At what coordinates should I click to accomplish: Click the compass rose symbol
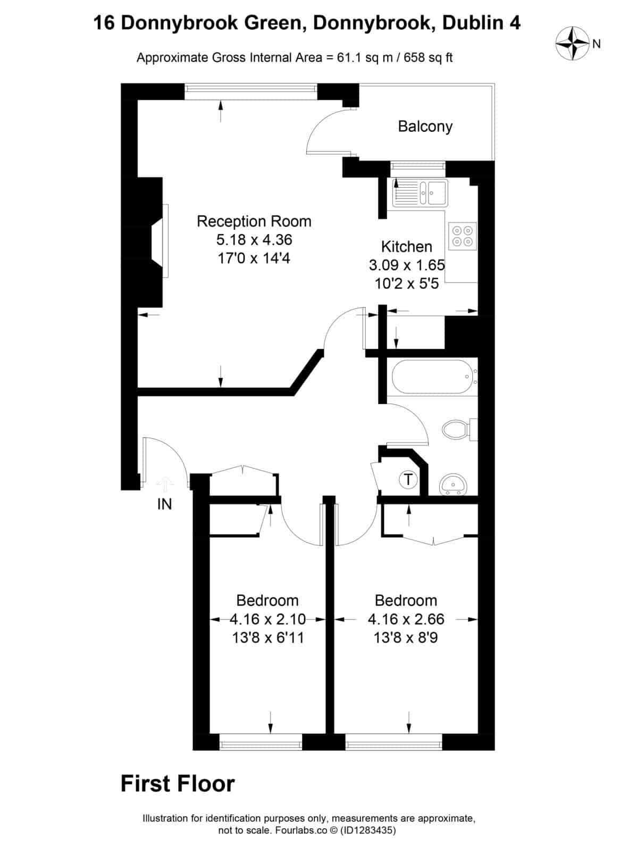pos(572,44)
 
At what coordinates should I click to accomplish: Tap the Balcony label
pos(425,127)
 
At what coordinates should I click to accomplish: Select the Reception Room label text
pos(254,221)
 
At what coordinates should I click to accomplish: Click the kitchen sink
pos(420,192)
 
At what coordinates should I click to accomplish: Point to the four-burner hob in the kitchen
pos(462,236)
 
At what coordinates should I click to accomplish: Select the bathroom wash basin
pos(454,484)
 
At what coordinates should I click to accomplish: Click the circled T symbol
pos(408,480)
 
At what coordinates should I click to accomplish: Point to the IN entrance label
pos(164,504)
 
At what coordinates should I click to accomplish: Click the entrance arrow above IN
pos(165,485)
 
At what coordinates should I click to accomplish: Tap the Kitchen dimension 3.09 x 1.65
pos(407,265)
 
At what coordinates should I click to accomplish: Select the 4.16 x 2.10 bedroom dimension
pos(267,619)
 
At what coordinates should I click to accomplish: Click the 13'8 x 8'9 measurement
pos(406,637)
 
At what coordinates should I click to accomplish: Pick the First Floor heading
pos(178,784)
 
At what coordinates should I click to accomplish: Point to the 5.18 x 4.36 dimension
pos(254,240)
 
